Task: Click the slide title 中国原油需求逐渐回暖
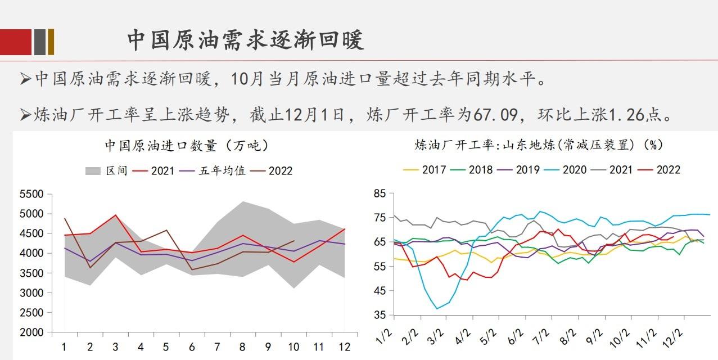click(246, 40)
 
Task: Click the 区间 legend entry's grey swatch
click(93, 170)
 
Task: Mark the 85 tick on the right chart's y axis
click(380, 194)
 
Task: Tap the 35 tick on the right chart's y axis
click(380, 315)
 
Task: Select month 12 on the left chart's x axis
click(344, 347)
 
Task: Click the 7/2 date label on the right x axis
click(541, 338)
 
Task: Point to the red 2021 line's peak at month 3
click(115, 215)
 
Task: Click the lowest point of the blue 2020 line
click(437, 308)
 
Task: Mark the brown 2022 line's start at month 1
click(65, 218)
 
